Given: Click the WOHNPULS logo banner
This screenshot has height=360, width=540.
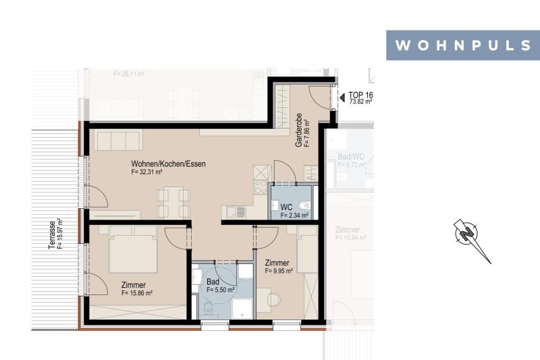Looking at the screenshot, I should click(x=462, y=45).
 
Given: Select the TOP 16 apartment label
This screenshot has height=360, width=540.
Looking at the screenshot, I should click(x=360, y=95).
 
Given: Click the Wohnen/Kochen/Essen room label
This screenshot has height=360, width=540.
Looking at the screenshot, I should click(x=168, y=163).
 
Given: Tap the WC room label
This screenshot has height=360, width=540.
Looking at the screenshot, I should click(x=286, y=207).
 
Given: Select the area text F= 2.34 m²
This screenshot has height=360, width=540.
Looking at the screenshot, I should click(x=294, y=215).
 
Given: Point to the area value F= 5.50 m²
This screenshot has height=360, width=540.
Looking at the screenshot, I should click(x=221, y=289).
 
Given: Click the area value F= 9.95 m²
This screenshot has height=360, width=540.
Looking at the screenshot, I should click(x=278, y=272).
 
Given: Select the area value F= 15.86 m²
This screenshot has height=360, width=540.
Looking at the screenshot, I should click(x=136, y=293).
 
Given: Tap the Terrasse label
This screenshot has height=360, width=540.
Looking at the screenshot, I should click(x=52, y=235).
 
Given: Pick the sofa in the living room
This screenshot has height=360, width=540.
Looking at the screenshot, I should click(x=117, y=140).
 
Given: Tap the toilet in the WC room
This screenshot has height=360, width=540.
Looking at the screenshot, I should click(x=306, y=205).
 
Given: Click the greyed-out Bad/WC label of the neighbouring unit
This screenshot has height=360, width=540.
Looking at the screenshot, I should click(x=350, y=157).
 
